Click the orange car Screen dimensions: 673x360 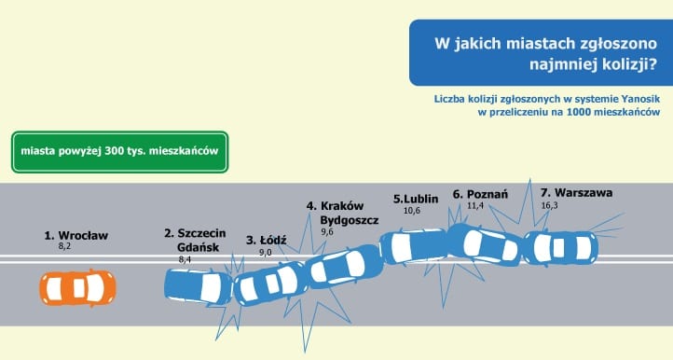[77, 288]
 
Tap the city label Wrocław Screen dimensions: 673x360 [83, 235]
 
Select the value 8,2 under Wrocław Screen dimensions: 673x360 [64, 246]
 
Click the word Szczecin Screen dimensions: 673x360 [201, 233]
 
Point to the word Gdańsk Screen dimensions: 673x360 [199, 247]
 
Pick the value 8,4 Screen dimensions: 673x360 [185, 259]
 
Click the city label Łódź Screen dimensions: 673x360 [273, 240]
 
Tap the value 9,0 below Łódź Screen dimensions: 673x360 [266, 253]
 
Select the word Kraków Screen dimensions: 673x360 [342, 206]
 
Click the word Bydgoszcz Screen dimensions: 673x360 [350, 220]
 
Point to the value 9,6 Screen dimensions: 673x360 [327, 232]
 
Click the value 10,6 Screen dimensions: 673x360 [412, 211]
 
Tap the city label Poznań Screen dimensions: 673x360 [488, 194]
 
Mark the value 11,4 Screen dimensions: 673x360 [475, 205]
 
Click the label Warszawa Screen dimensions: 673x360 [584, 192]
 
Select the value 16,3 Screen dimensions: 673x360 [549, 205]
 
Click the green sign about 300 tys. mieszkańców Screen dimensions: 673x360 [119, 152]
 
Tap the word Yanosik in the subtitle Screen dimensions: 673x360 [640, 99]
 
